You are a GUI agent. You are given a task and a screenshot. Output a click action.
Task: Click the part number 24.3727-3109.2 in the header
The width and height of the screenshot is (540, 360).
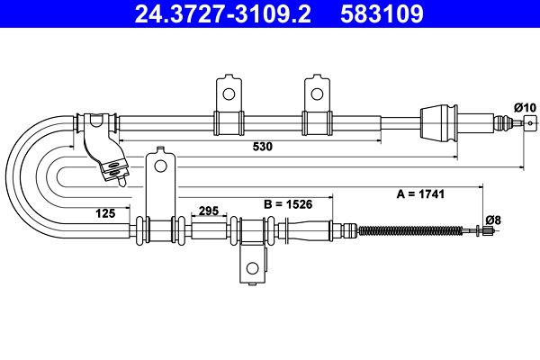coord(223,13)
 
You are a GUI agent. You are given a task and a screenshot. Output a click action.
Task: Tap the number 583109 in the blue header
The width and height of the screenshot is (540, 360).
coord(382,13)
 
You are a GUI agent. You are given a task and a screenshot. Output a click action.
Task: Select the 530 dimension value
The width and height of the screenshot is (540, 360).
coord(263,147)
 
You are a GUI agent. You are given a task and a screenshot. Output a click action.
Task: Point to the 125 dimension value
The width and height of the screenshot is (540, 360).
coord(105,213)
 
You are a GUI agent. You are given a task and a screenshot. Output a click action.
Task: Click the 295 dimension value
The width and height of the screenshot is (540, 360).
coord(209,211)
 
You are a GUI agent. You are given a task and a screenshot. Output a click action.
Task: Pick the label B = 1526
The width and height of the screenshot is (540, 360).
coord(288,204)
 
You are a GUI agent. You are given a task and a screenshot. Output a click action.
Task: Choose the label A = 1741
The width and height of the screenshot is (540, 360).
coord(420,194)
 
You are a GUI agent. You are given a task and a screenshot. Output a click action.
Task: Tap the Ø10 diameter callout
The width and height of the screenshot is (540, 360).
coord(526,107)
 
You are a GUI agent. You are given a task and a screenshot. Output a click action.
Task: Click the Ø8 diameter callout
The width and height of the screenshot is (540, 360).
coord(493,220)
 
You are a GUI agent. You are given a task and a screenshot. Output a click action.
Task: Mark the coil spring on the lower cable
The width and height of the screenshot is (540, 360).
coord(410,230)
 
